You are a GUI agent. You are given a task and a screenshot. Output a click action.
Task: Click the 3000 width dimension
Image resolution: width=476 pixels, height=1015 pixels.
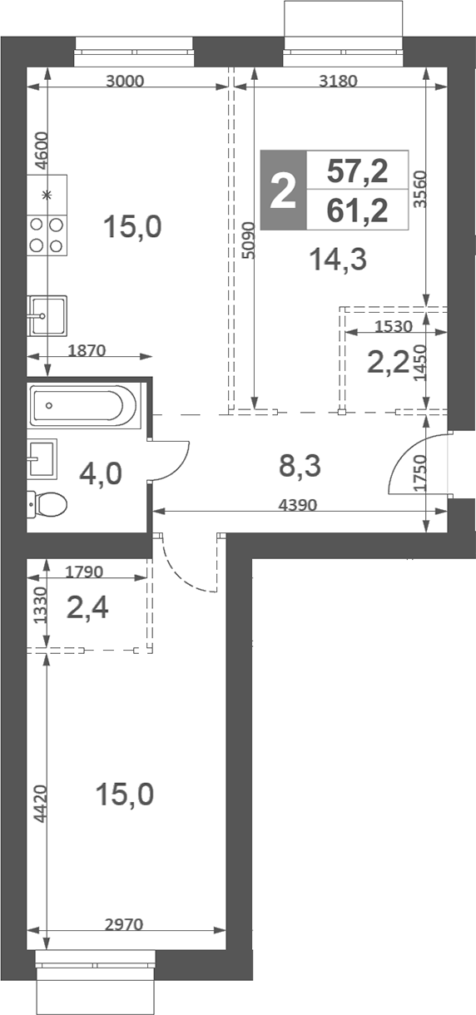click(124, 81)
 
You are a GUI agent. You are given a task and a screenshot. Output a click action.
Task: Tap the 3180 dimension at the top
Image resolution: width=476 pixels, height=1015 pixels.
click(338, 81)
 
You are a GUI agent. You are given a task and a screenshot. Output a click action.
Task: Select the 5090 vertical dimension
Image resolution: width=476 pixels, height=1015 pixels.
click(249, 240)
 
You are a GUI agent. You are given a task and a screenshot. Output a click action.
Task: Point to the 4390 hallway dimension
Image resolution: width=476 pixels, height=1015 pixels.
click(298, 504)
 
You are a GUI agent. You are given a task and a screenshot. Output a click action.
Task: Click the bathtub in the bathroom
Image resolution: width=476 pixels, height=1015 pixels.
click(82, 405)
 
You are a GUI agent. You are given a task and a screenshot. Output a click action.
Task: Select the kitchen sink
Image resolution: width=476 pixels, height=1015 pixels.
click(47, 315)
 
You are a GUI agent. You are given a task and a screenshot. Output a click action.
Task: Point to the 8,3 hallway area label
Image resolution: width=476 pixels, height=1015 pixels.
click(300, 466)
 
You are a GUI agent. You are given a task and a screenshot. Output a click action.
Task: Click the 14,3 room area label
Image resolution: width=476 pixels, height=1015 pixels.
click(338, 260)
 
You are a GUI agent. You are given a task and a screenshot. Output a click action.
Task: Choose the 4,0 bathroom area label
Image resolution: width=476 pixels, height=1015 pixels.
click(101, 474)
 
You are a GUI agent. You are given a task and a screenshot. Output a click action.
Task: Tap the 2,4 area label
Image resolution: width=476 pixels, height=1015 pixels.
click(87, 607)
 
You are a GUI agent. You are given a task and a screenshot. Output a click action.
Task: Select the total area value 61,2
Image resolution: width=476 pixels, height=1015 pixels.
click(357, 211)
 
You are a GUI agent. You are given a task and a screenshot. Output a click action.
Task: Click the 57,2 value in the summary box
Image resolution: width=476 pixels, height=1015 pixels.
click(357, 171)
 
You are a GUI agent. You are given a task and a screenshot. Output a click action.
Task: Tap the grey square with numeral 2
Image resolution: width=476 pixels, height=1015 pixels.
click(283, 191)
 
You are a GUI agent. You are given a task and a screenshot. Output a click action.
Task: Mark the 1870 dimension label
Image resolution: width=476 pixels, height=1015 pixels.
click(87, 350)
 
